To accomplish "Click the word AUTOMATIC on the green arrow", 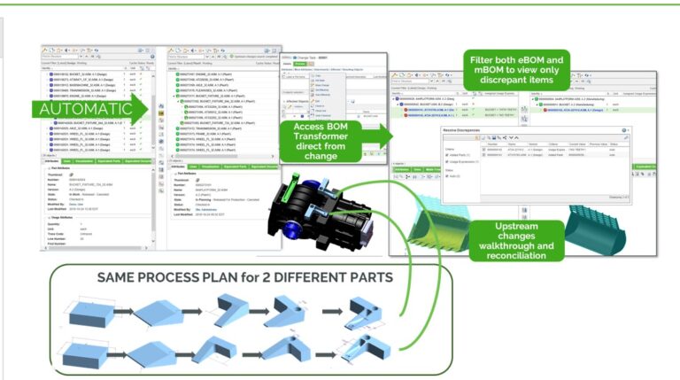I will pyautogui.click(x=83, y=108).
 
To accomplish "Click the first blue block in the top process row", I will pyautogui.click(x=95, y=310).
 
